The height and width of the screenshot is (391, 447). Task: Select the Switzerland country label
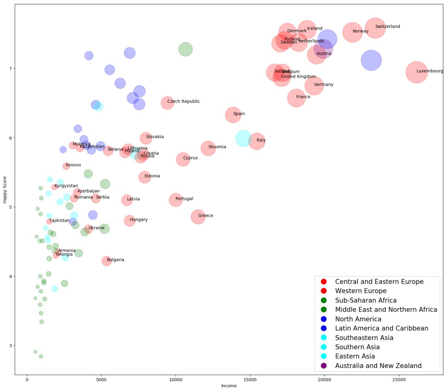tap(387, 26)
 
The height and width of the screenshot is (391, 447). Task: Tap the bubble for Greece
tap(198, 216)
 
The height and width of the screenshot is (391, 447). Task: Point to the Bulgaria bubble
tap(107, 261)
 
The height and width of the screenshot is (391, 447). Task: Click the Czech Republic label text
tap(183, 101)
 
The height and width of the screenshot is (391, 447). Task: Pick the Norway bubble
tap(352, 32)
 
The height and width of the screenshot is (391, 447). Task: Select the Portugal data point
tap(175, 200)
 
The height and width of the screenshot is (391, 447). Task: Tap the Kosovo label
tap(73, 165)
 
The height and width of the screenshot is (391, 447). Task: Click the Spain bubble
tap(233, 115)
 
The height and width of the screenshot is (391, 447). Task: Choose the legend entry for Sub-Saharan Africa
tap(365, 300)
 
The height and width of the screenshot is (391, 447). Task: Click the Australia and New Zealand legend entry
tap(378, 366)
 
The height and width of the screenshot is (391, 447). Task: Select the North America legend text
tap(358, 319)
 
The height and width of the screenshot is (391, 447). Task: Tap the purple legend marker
tap(324, 366)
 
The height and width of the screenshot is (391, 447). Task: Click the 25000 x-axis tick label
tap(399, 379)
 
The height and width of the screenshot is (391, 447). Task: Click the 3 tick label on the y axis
tap(10, 346)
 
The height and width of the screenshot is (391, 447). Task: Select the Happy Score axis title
tap(5, 190)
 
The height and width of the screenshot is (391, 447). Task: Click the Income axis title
tap(229, 386)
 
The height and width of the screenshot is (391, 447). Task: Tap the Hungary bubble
tap(129, 221)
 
